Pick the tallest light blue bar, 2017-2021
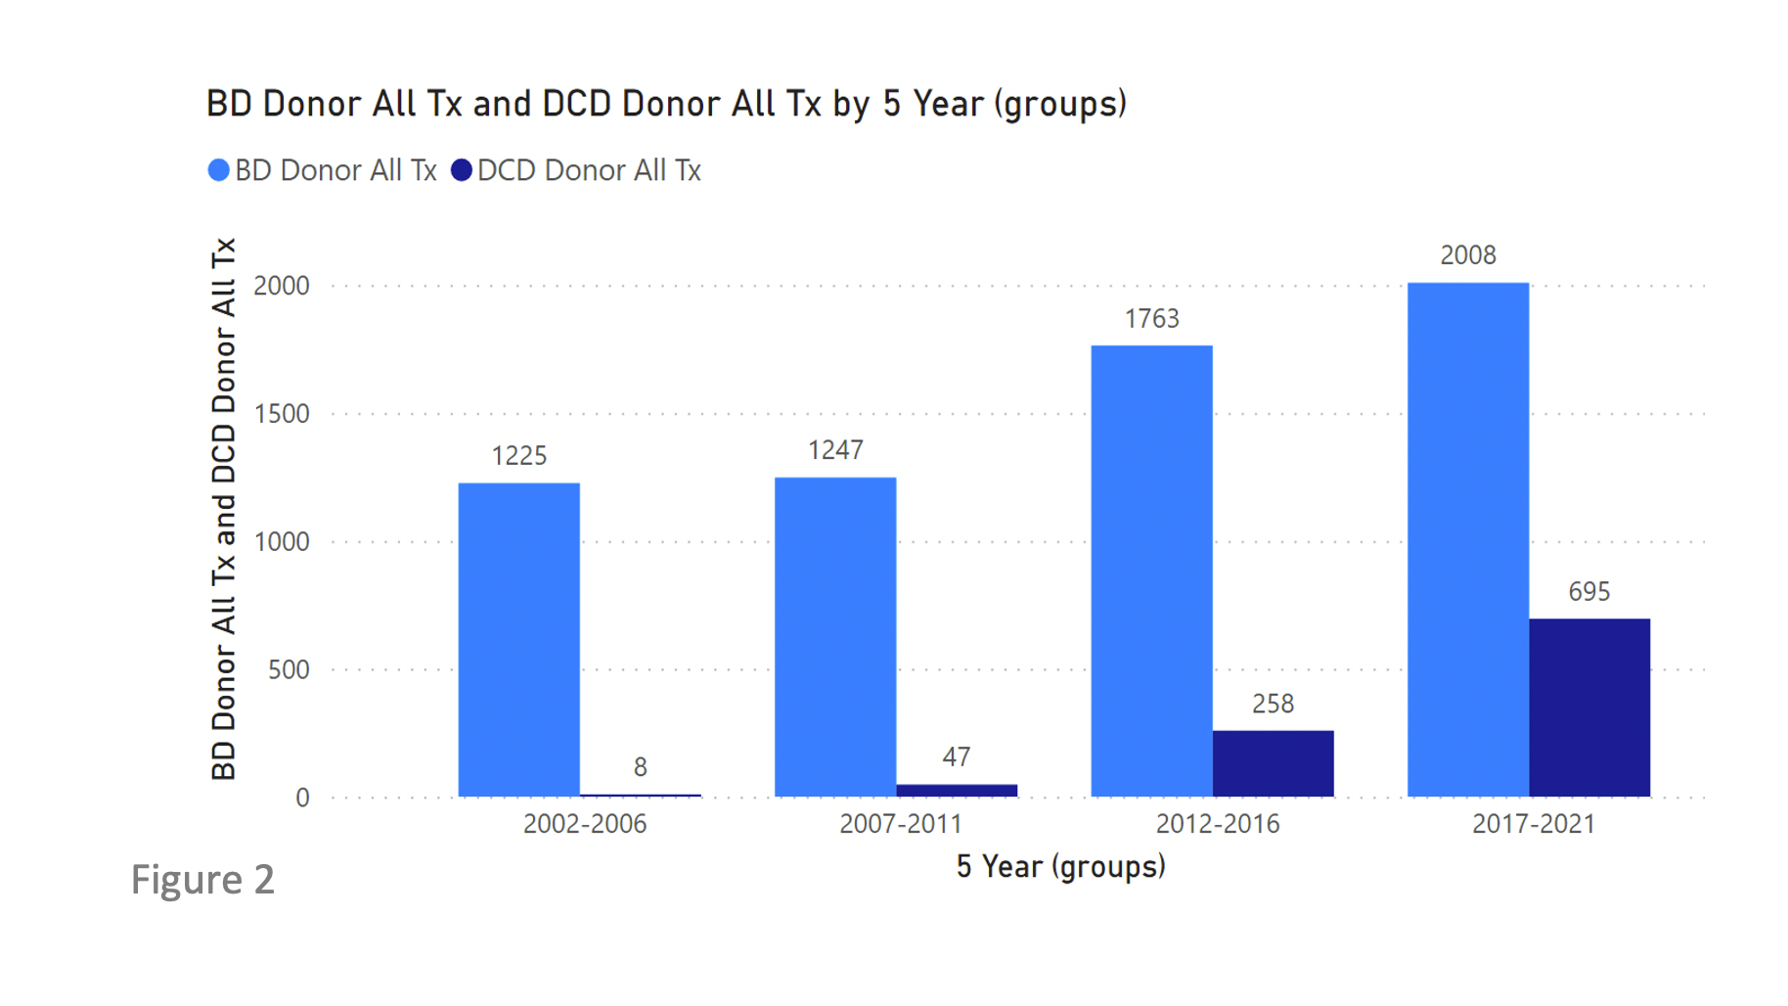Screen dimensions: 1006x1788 pos(1467,539)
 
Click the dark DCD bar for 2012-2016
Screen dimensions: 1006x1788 pos(1273,763)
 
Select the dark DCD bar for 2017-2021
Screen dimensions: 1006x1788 pos(1588,708)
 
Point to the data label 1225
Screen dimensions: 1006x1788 pos(518,456)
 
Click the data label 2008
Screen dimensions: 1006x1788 pos(1467,255)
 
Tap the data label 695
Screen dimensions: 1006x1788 pos(1588,592)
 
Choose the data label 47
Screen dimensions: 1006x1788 pos(956,757)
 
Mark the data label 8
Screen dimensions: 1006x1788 pos(640,767)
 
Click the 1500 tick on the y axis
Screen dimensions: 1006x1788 pos(282,414)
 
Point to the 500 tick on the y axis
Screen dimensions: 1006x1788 pos(289,670)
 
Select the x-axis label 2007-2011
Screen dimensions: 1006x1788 pos(900,824)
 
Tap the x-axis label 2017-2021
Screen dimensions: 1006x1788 pos(1533,824)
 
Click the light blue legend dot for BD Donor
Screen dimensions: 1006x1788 pos(219,170)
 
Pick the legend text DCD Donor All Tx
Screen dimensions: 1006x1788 pos(589,170)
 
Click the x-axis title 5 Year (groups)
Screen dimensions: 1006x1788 pos(1060,867)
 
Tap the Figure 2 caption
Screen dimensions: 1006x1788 pos(202,879)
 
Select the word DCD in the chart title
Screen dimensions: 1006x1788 pos(576,104)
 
